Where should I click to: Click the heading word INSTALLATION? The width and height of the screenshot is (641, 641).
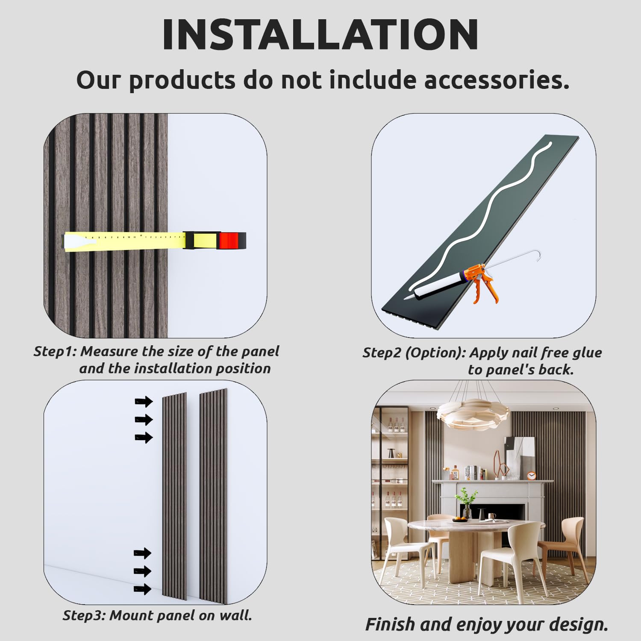coord(320,35)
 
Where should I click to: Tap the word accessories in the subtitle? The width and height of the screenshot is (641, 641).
coord(497,80)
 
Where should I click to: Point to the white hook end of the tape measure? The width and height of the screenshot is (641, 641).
coord(79,242)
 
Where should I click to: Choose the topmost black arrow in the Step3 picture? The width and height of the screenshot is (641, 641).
coord(144,401)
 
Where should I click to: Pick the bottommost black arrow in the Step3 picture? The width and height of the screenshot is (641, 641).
coord(143,589)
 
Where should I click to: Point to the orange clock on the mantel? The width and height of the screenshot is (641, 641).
coord(532,475)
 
